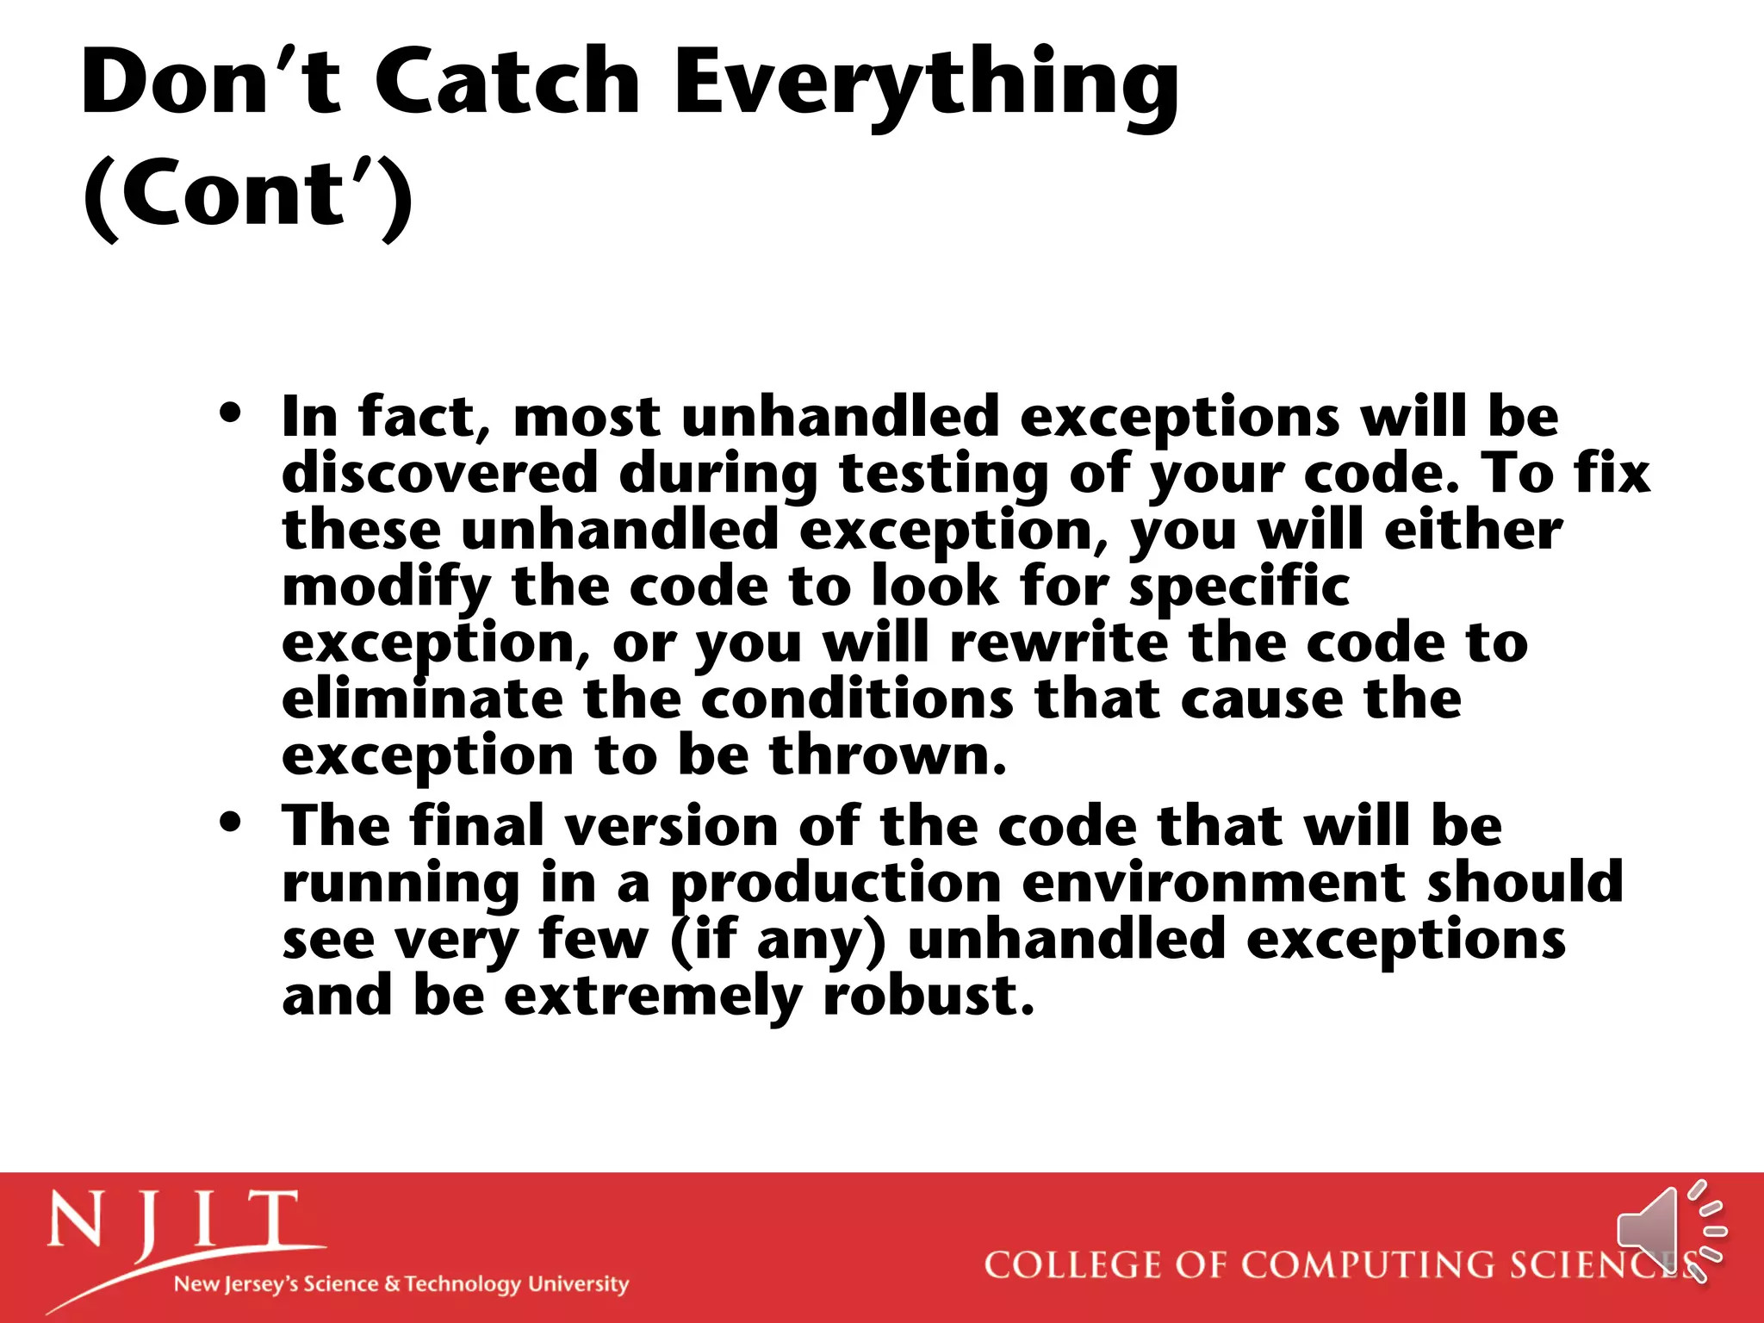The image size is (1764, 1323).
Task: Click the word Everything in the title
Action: tap(926, 86)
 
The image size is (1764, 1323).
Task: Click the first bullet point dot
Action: tap(230, 413)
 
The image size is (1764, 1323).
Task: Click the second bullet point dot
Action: tap(230, 822)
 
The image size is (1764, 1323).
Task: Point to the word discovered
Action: tap(439, 474)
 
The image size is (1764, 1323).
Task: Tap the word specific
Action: tap(1239, 588)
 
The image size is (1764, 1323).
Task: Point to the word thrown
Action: tap(887, 755)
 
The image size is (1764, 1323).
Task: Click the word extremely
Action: tap(653, 997)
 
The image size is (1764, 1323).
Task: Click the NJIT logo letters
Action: tap(172, 1221)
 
